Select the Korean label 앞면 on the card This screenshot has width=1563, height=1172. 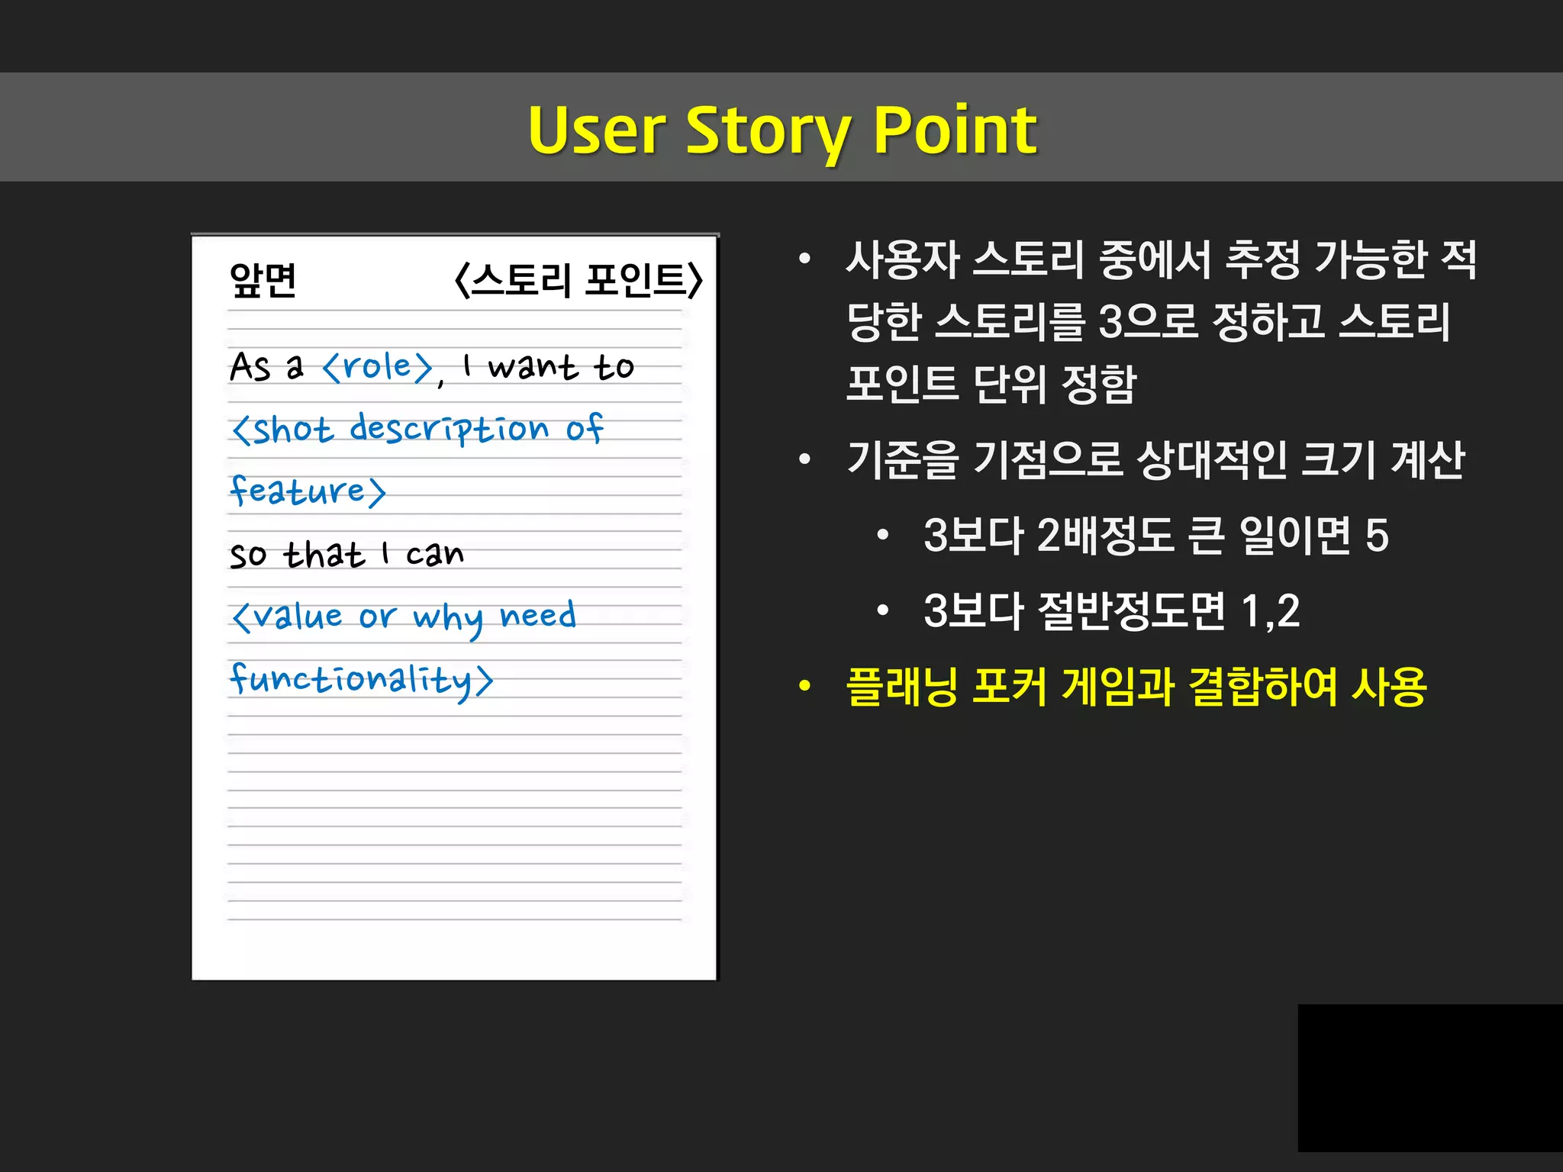point(263,280)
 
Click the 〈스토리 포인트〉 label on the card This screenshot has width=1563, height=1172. point(578,280)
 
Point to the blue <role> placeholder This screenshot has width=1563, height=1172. point(378,367)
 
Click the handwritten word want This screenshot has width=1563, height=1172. point(532,367)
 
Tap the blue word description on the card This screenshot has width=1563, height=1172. point(449,430)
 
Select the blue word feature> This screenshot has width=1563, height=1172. point(308,491)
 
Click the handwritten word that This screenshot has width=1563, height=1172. point(324,554)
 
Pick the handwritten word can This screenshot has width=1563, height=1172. point(434,554)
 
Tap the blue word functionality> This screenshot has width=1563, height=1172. point(361,679)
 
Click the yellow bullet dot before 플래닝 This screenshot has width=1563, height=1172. point(804,687)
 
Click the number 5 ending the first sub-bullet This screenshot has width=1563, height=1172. point(1376,535)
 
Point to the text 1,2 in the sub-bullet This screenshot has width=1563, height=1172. point(1270,611)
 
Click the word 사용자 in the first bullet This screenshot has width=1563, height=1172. point(902,259)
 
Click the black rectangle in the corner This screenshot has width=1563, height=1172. point(1429,1077)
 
